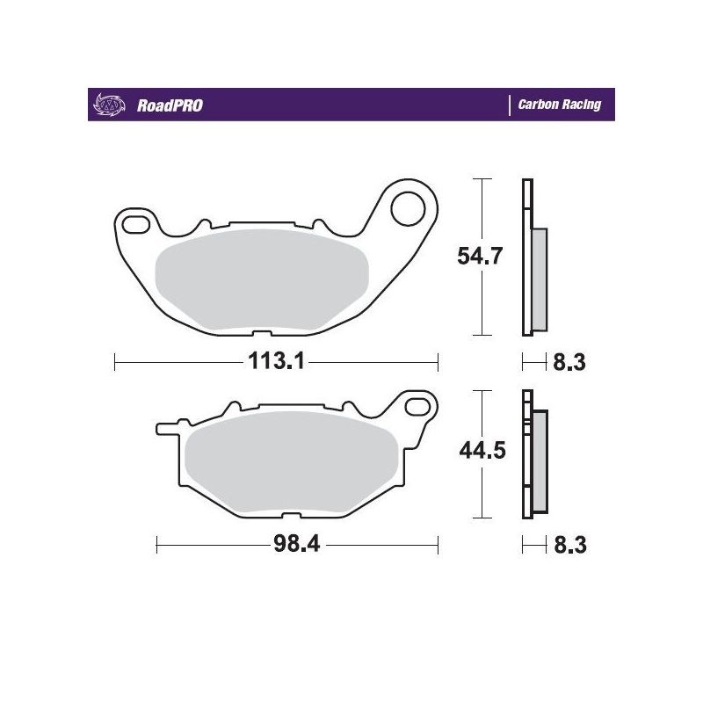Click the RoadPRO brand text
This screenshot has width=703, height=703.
click(x=170, y=105)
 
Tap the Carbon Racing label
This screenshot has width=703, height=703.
click(x=559, y=105)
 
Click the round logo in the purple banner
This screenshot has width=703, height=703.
click(x=105, y=105)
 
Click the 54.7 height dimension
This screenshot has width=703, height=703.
click(x=480, y=257)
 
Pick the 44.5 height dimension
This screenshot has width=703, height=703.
click(x=480, y=452)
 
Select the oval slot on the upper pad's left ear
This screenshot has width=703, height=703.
click(x=136, y=226)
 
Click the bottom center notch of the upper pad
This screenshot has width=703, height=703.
click(x=261, y=333)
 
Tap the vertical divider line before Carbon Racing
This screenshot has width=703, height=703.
click(x=510, y=105)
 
